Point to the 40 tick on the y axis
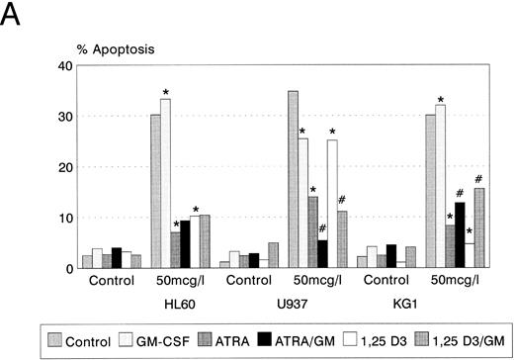click(66, 66)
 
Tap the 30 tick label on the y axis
click(66, 117)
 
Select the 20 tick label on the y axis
click(66, 167)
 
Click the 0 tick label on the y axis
click(69, 268)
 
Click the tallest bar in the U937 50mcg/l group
click(294, 179)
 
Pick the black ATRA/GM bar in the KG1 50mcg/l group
click(458, 235)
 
